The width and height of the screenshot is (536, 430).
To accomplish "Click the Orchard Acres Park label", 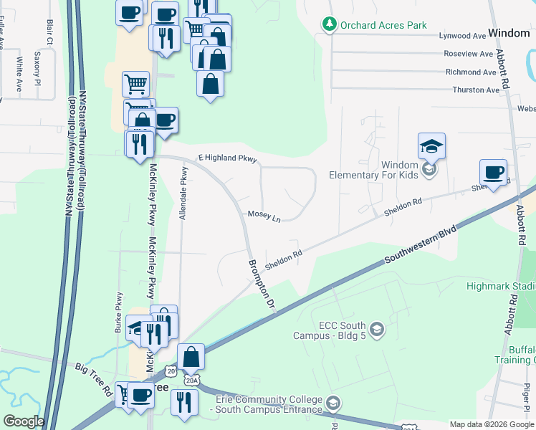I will pyautogui.click(x=383, y=24).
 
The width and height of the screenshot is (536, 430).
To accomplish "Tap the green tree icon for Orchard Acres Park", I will pyautogui.click(x=329, y=24).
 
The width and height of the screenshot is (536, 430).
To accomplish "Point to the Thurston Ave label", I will pyautogui.click(x=476, y=90).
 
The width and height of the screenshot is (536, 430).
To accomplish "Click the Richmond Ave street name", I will pyautogui.click(x=471, y=72).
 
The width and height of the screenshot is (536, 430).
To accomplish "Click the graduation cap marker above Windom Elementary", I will pyautogui.click(x=431, y=147).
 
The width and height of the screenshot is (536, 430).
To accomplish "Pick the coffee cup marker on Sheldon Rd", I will pyautogui.click(x=493, y=174).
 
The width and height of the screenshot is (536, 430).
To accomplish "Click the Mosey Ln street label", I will pyautogui.click(x=264, y=215).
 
